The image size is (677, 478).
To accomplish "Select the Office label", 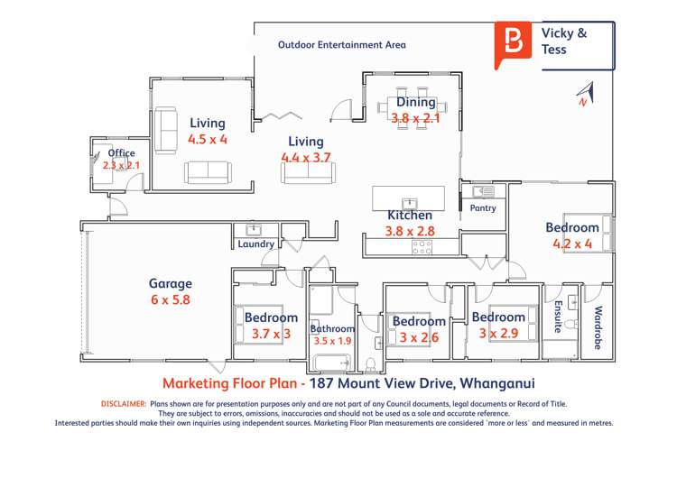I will click(116, 153).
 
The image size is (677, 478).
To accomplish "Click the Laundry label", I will click(255, 244).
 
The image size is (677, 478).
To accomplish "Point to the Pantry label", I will click(483, 208).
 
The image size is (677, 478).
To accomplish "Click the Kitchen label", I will click(410, 216).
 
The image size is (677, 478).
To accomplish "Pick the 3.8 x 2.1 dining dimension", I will click(415, 118).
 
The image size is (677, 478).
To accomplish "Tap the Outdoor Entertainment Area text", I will click(342, 44).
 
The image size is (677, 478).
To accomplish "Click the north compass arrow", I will click(584, 94).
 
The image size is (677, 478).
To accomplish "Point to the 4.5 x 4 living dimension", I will click(208, 140).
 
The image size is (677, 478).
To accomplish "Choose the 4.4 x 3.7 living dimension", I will click(306, 157).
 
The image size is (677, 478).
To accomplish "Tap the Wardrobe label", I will click(598, 327).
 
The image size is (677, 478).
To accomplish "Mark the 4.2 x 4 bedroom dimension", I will click(572, 244).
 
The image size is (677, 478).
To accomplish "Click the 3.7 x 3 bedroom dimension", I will click(271, 334).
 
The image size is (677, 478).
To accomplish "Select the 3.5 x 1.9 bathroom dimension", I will click(333, 341).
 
